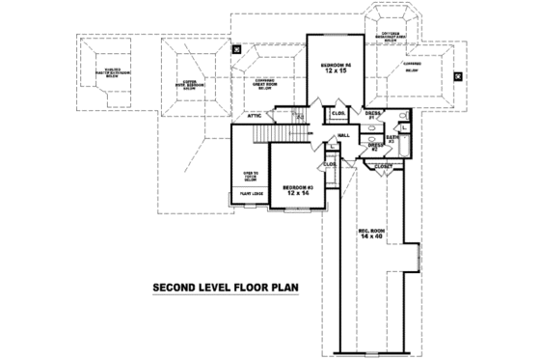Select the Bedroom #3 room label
pos(300,185)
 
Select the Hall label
pos(342,135)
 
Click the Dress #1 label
pos(372,115)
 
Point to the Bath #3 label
pos(392,139)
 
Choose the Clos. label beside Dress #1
pos(339,114)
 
